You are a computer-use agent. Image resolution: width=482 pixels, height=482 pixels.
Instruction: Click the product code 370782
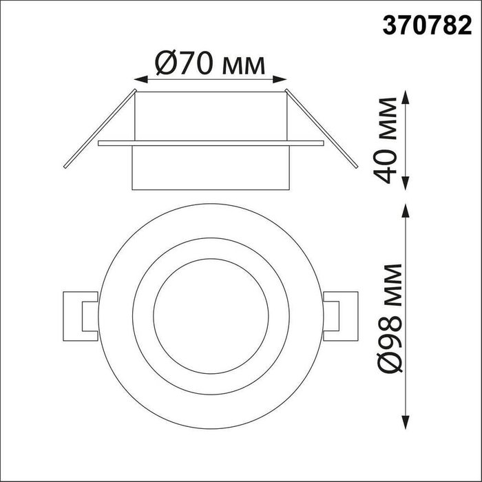[x=427, y=25]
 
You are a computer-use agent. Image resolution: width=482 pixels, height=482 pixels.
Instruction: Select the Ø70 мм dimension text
[x=210, y=63]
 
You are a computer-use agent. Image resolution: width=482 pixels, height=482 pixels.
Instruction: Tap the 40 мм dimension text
[x=386, y=140]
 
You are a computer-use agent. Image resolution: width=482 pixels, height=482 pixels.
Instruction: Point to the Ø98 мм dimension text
[x=389, y=318]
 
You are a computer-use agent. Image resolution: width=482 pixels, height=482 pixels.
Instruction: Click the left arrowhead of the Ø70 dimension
[x=141, y=79]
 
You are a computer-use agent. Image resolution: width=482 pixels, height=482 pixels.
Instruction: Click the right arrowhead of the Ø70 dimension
[x=280, y=79]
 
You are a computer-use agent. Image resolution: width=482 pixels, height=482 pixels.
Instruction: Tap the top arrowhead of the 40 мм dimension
[x=406, y=97]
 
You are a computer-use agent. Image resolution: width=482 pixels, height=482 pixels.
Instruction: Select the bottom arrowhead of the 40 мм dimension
[x=406, y=183]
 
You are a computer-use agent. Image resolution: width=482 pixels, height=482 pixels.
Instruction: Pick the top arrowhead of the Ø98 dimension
[x=406, y=211]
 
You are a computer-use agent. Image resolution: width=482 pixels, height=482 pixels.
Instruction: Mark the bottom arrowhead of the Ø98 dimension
[x=406, y=422]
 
